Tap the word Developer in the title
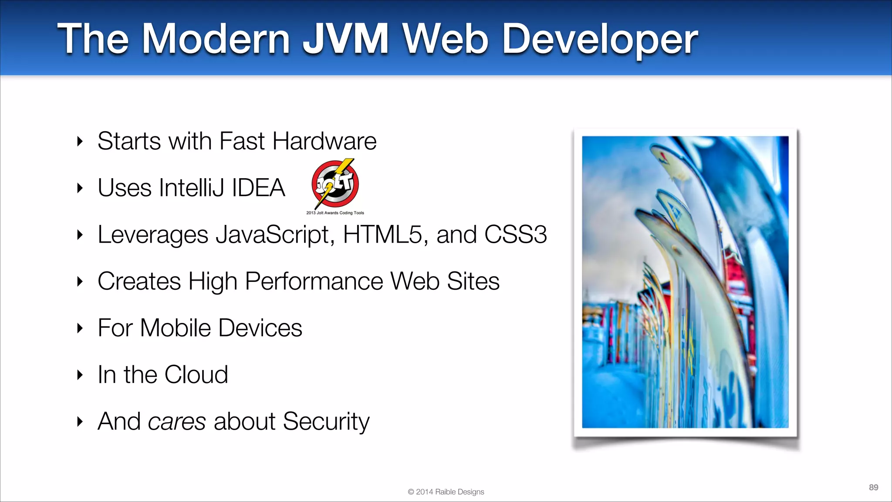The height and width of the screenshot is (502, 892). pos(600,40)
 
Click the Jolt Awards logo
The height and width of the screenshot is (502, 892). pos(335,183)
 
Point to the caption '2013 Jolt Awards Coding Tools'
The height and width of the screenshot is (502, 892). pos(335,213)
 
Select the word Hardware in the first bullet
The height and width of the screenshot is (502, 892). pos(324,141)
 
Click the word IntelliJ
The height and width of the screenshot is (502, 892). pos(192,188)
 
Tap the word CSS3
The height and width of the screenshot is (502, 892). pos(515,234)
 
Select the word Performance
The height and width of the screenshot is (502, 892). pos(314,281)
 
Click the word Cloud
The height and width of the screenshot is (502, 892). pos(196,374)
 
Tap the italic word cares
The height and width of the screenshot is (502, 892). pos(176,422)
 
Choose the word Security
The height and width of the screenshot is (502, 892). pos(326,422)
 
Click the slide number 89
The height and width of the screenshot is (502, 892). pos(873,487)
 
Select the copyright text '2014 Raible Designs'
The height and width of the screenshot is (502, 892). pos(449,492)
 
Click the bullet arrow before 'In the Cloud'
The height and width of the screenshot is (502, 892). pos(80,375)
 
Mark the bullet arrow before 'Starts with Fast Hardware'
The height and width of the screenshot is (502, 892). pos(80,141)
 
